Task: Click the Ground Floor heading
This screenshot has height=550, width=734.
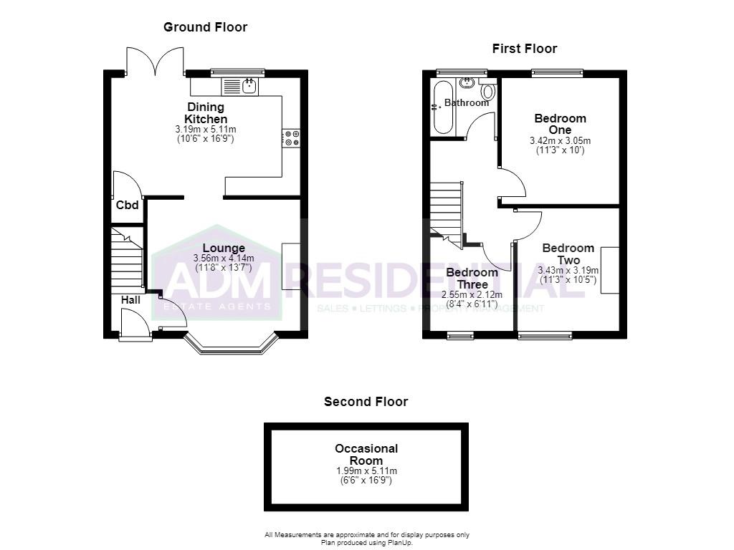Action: (205, 27)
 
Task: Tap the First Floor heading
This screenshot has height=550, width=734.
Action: (524, 49)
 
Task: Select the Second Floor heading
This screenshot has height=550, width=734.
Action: (366, 401)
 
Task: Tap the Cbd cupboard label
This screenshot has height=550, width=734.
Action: (128, 205)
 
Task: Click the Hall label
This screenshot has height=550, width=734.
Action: (130, 300)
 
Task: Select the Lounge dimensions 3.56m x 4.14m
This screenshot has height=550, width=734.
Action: (224, 258)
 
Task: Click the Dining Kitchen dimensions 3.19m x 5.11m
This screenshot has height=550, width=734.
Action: (206, 129)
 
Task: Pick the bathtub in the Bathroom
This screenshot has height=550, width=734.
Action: (442, 108)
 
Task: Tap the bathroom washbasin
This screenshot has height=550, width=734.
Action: (466, 83)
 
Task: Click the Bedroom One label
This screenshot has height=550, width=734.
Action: (561, 124)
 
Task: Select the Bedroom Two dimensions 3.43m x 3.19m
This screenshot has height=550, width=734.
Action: (568, 270)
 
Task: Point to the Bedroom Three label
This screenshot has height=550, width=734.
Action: (472, 279)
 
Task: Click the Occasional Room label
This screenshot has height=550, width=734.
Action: (366, 455)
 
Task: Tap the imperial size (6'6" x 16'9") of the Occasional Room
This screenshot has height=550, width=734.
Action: (366, 481)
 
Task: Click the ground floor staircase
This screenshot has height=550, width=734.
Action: (127, 260)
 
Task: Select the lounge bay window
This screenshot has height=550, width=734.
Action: (232, 343)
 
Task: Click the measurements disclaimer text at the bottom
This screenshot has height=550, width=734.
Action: (367, 539)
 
